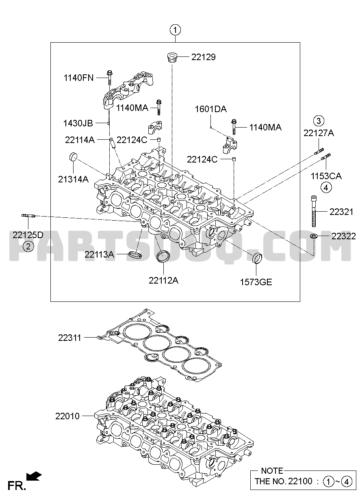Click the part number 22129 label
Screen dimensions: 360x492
[x=204, y=57]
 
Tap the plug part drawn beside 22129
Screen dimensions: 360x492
[x=171, y=57]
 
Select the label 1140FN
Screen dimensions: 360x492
[x=79, y=78]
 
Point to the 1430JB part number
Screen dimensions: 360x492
[x=78, y=124]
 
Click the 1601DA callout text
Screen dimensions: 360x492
[x=210, y=109]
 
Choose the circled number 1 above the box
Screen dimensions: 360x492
[x=175, y=30]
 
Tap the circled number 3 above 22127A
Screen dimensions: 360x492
[x=319, y=121]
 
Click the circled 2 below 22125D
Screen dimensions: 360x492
[x=28, y=247]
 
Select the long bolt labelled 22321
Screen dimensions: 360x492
[x=314, y=211]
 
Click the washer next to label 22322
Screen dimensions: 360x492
[x=313, y=236]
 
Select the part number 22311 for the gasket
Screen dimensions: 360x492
[x=69, y=338]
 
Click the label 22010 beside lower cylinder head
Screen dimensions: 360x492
[x=67, y=416]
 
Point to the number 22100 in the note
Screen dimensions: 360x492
[x=300, y=481]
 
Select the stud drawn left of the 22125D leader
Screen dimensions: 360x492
[x=28, y=216]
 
